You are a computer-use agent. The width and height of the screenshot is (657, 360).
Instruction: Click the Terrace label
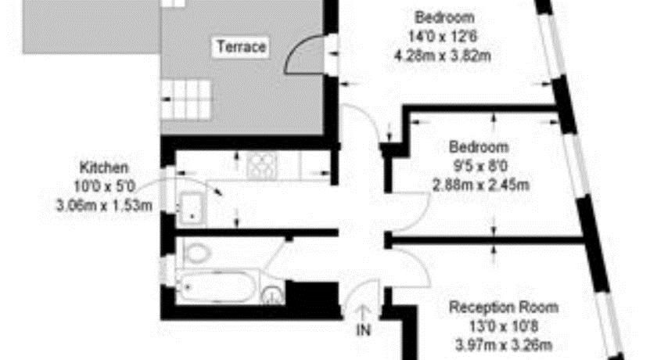coord(242,46)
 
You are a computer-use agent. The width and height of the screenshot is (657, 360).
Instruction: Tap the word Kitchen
coord(104,167)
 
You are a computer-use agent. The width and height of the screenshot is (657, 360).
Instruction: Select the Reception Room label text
coord(504,308)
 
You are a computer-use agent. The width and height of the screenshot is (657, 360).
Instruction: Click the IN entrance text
coord(363,330)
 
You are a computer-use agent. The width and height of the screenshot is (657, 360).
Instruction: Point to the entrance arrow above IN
coord(363,313)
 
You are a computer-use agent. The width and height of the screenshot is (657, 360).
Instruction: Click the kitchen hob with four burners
coord(262,166)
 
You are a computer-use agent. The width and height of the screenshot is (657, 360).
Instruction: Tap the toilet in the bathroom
coord(196,254)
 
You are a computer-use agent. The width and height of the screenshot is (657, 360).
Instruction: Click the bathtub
coord(215,287)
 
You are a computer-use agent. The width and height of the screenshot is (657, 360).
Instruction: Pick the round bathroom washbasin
coord(273,295)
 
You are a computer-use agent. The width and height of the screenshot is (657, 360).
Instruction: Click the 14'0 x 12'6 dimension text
coord(443,37)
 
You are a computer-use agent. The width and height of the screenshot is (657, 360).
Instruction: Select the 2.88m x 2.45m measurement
coord(480,185)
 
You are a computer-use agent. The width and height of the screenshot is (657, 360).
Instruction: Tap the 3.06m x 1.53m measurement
coord(104,206)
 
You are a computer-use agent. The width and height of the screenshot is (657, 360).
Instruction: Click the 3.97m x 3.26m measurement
coord(504,346)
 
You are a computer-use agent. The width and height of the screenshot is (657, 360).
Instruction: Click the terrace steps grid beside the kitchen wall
coord(185,99)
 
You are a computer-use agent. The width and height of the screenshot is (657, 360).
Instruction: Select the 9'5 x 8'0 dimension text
coord(480,167)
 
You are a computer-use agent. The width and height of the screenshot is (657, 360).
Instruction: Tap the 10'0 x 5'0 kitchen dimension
coord(104,186)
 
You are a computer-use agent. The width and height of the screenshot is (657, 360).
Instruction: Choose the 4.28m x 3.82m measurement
coord(443,56)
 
